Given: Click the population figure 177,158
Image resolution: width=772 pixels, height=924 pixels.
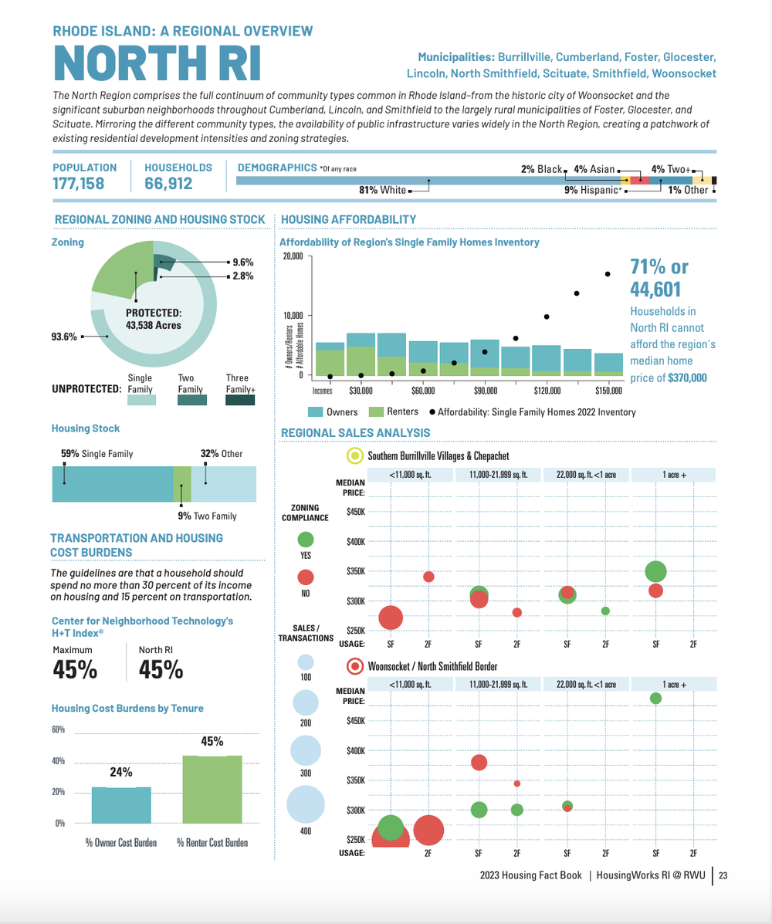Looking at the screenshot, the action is click(79, 184).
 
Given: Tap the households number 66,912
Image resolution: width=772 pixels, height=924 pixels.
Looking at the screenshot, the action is click(168, 184).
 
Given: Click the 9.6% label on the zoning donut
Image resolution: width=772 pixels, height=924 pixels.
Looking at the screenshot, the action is click(243, 262).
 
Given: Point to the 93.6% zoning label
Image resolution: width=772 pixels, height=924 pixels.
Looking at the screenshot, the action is click(64, 337).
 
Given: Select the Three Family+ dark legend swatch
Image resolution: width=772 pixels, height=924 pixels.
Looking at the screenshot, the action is click(240, 400).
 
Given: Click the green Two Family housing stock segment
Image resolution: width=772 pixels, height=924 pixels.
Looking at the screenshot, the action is click(182, 484).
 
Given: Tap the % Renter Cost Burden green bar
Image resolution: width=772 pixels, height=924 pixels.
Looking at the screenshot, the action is click(212, 790).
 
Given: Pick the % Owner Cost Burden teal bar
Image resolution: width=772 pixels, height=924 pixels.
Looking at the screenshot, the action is click(121, 805).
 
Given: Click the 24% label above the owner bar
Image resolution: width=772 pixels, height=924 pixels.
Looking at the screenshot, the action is click(120, 772).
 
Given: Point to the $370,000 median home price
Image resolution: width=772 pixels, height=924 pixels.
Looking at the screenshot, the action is click(687, 377).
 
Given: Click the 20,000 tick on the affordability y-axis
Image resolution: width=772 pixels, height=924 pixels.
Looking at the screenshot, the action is click(293, 256).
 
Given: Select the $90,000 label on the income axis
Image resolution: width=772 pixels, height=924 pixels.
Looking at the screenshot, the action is click(486, 391).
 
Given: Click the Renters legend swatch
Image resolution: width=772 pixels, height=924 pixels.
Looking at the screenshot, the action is click(377, 412).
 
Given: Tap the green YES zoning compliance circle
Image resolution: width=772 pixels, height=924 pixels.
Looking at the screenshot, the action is click(305, 540).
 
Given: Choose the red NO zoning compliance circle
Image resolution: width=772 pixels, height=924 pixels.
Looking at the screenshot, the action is click(305, 577).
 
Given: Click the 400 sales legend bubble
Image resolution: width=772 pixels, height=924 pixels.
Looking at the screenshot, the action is click(305, 804).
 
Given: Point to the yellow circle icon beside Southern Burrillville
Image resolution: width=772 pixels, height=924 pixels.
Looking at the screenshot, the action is click(355, 455).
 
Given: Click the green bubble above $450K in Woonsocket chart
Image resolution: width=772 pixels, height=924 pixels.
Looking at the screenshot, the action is click(655, 699).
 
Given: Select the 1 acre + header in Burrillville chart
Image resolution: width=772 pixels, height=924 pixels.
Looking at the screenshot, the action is click(674, 475).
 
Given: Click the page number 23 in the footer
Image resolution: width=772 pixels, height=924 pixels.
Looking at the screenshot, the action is click(723, 875).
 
